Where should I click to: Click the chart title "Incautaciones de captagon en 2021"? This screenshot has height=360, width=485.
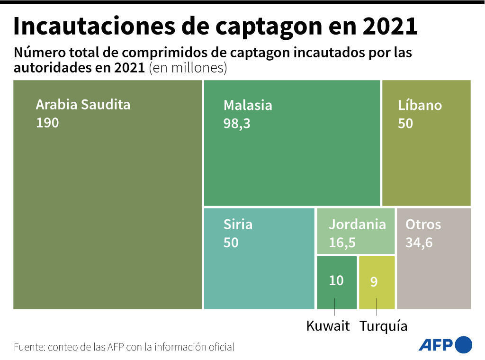pos(215,27)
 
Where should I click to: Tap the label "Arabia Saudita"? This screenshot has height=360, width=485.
pos(83,104)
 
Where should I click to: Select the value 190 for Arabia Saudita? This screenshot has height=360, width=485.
pos(47,123)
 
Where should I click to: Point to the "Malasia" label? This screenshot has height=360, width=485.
pos(248,105)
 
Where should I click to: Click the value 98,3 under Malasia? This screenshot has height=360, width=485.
pos(237,123)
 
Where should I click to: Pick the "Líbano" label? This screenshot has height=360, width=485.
pos(420,105)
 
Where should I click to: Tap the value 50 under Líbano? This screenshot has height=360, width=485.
pos(405,123)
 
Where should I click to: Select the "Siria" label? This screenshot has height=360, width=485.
pos(238,224)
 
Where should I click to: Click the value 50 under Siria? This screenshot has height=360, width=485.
pos(231,243)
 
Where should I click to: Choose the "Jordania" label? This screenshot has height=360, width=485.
pos(357,224)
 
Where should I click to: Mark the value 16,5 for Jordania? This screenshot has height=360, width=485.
pos(342,243)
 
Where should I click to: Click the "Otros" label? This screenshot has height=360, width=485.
pos(423,224)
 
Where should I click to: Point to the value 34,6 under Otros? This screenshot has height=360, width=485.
pos(419,243)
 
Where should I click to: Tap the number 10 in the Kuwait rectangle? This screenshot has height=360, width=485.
pos(336,280)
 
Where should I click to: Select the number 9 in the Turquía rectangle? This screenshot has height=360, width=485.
pos(374,282)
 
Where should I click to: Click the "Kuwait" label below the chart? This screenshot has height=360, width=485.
pos(328,326)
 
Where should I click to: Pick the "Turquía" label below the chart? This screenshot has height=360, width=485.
pos(383,326)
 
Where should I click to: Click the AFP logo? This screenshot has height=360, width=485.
pos(445,344)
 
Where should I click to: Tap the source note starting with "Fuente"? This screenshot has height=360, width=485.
pos(124,347)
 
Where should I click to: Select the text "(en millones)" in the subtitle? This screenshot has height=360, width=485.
pos(188,68)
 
